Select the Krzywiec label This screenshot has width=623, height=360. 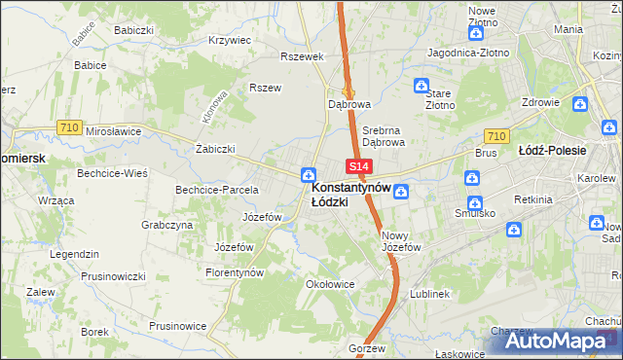click(230, 41)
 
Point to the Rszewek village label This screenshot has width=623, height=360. click(301, 56)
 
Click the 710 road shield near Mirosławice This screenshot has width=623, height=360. click(68, 127)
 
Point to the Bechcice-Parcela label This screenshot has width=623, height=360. click(216, 190)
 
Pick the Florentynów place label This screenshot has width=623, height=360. click(235, 273)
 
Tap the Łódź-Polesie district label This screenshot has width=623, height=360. click(552, 151)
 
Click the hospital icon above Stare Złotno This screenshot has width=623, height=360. click(421, 85)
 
